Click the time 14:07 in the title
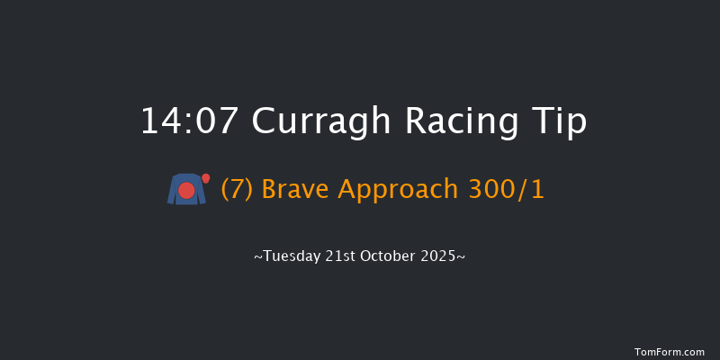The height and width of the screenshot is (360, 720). [x=190, y=121]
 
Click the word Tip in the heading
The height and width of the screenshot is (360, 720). [x=557, y=121]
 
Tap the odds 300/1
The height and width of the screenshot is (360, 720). [x=510, y=190]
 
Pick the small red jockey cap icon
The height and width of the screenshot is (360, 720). [x=206, y=178]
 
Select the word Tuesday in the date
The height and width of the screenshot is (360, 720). [x=290, y=256]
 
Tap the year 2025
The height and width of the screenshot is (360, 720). [x=442, y=256]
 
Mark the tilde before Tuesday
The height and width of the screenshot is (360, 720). [x=258, y=256]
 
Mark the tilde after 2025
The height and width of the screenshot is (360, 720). [x=463, y=256]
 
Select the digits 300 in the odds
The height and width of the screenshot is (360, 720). [x=499, y=190]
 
